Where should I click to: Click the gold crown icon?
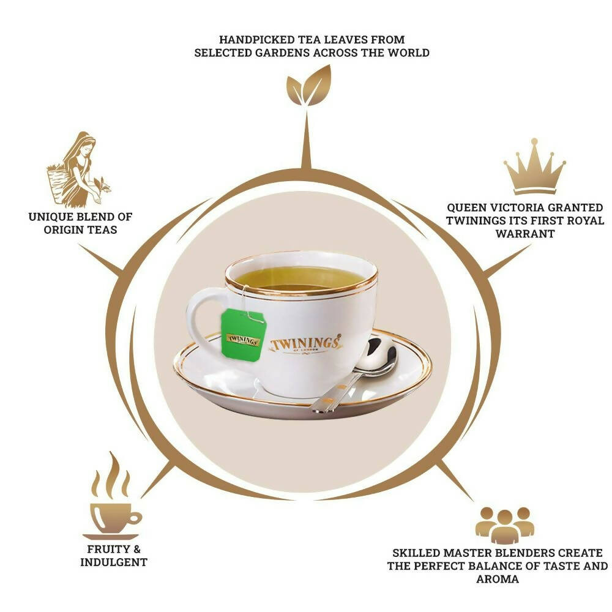[x=534, y=166]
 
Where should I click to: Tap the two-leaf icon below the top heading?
[x=308, y=86]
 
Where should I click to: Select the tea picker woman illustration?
[x=78, y=170]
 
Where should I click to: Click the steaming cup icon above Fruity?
[x=112, y=496]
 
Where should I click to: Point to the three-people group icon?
[x=504, y=525]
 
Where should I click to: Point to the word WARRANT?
[x=525, y=233]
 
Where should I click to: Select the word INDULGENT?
[x=114, y=562]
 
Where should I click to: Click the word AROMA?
[x=498, y=579]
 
